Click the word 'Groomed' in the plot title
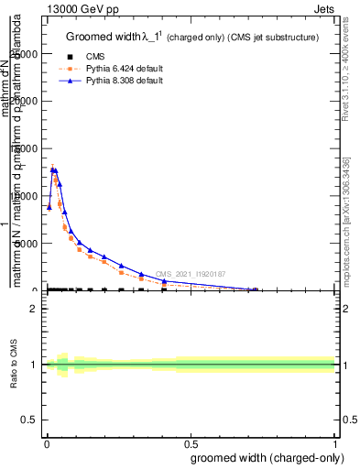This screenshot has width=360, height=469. [x=89, y=37]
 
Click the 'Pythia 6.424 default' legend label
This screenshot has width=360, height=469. [x=121, y=69]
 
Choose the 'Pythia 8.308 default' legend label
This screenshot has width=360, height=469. [x=121, y=81]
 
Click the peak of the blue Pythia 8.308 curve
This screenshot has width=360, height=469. [x=53, y=169]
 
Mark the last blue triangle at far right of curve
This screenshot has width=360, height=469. [x=253, y=289]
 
